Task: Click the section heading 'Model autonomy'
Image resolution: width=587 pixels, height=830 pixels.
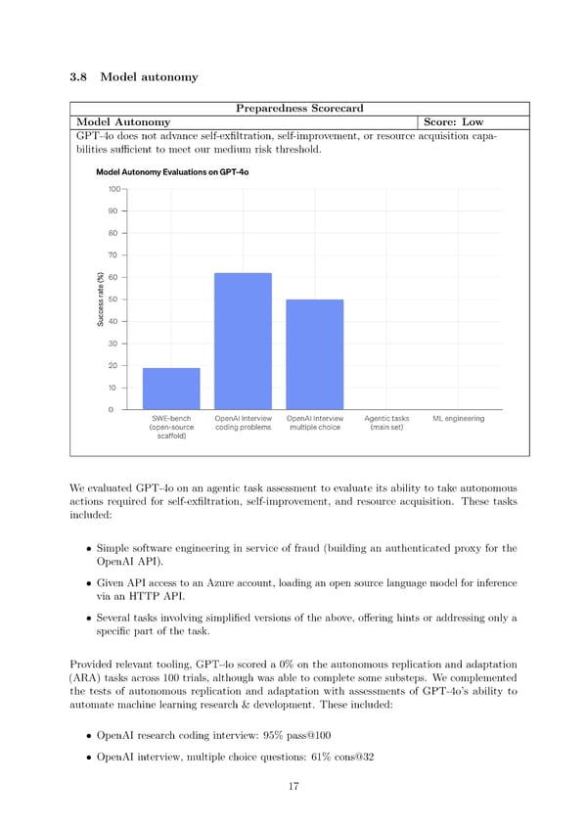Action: coord(149,77)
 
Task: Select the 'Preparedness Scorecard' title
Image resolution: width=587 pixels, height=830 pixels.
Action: coord(299,108)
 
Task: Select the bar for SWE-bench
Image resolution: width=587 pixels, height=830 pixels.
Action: coord(171,389)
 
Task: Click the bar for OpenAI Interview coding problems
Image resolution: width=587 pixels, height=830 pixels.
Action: coord(243,341)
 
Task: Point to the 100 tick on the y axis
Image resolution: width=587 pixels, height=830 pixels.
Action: coord(113,189)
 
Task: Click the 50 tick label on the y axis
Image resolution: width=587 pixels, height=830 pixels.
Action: coord(113,300)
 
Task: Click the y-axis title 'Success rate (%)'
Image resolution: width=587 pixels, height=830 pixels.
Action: coord(101,300)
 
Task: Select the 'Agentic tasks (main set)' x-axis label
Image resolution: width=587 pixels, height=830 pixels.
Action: coord(386,423)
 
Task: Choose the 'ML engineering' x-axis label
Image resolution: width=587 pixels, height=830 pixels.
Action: coord(458,419)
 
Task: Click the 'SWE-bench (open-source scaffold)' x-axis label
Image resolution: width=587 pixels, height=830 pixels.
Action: coord(171,428)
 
